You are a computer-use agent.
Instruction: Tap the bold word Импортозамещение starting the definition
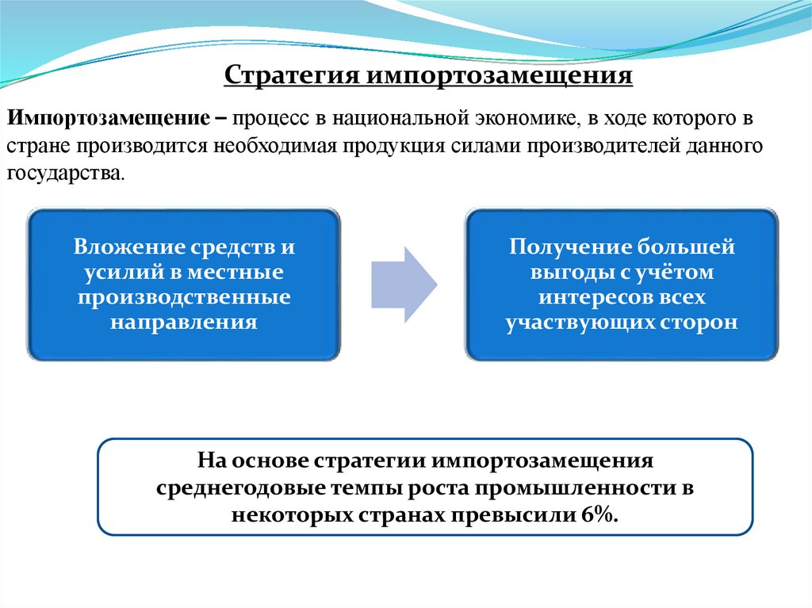point(110,120)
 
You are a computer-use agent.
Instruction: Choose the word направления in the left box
point(183,323)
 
